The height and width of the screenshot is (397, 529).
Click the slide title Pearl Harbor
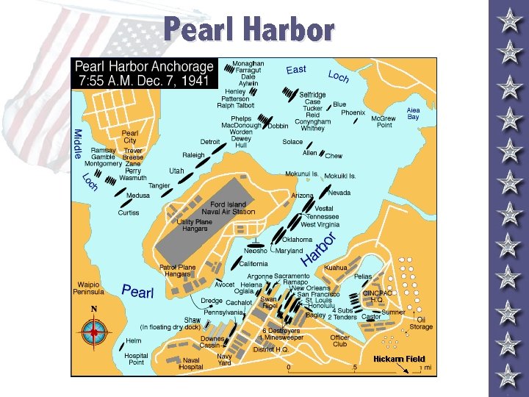click(x=249, y=30)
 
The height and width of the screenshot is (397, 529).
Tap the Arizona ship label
click(x=302, y=196)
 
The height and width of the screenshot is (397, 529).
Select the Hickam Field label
click(x=399, y=359)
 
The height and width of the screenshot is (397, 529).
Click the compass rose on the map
click(x=94, y=333)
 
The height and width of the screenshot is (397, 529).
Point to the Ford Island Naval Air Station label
click(x=228, y=208)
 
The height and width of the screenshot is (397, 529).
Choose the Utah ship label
click(x=176, y=171)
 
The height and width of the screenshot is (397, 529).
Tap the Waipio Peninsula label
click(x=94, y=287)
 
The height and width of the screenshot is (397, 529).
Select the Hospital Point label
click(x=135, y=358)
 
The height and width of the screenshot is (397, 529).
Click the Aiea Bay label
click(x=414, y=113)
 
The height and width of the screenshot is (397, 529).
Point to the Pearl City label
click(x=129, y=137)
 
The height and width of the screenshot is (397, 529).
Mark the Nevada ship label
click(x=339, y=193)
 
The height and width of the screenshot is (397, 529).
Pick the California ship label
click(x=254, y=263)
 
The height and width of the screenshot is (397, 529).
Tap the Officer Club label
click(x=339, y=340)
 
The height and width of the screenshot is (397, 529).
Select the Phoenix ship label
click(x=353, y=113)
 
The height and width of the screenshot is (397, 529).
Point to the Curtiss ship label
click(x=129, y=213)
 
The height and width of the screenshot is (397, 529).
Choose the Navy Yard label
click(x=224, y=359)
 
